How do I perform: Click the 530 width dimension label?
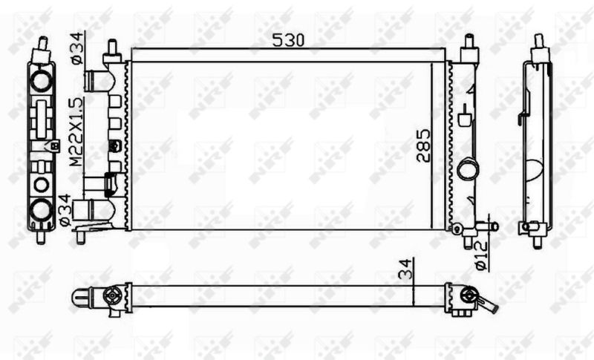[x=288, y=40]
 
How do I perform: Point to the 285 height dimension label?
[x=423, y=145]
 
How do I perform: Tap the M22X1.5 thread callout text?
[x=76, y=131]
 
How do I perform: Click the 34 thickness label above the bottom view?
[x=405, y=269]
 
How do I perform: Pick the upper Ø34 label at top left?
[x=76, y=48]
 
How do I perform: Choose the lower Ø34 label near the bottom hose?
[x=65, y=211]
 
